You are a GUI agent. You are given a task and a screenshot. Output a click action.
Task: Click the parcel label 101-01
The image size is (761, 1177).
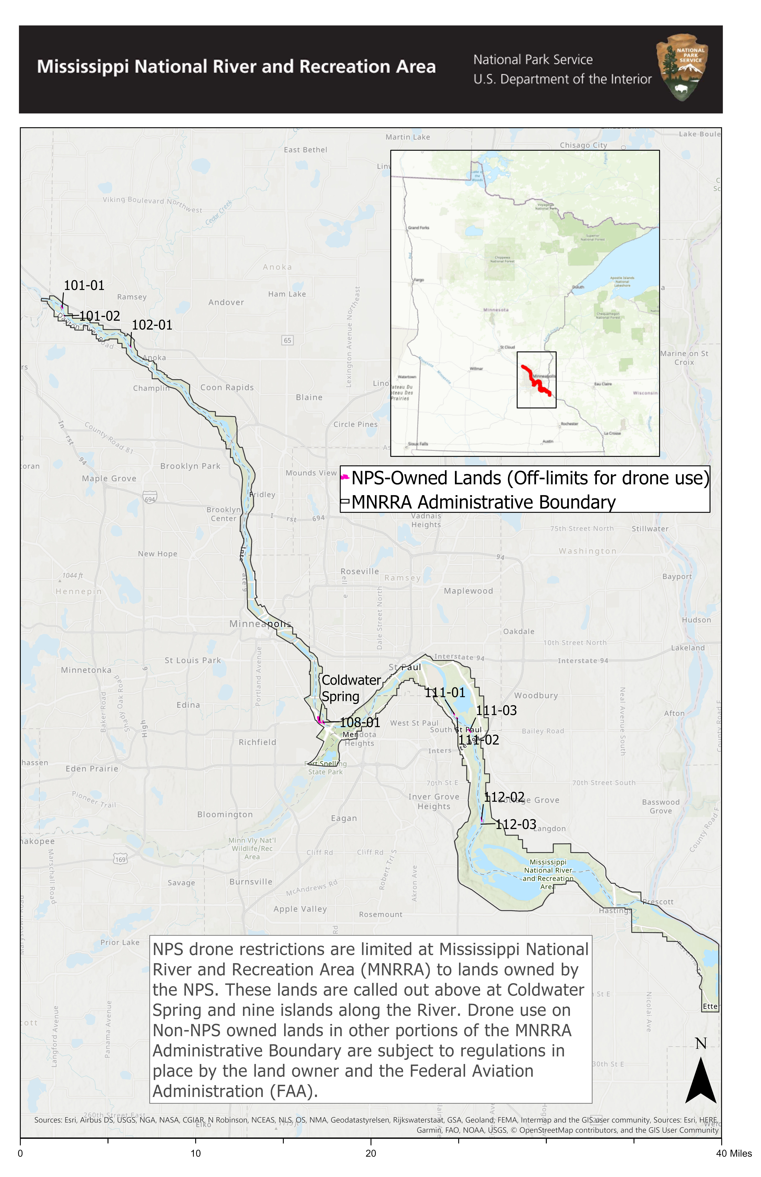tap(84, 285)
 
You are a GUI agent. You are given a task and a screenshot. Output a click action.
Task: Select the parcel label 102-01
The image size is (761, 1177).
tap(152, 325)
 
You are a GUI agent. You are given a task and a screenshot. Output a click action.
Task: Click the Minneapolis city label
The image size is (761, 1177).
tap(260, 624)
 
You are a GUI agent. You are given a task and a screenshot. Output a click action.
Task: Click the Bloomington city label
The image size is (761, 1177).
tap(225, 814)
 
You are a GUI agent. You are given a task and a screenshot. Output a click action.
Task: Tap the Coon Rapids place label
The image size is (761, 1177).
tap(227, 388)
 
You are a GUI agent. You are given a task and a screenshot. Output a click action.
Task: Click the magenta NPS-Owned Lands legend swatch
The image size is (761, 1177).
tap(345, 477)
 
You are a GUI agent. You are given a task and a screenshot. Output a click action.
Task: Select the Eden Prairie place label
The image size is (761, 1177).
tap(92, 769)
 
